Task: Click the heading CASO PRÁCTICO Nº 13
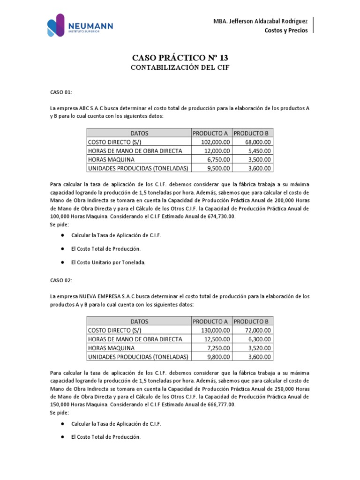click(180, 58)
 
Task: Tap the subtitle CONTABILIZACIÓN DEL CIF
click(180, 68)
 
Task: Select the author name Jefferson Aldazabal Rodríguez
click(261, 21)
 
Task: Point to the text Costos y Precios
click(286, 30)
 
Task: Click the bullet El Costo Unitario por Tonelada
click(108, 262)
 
